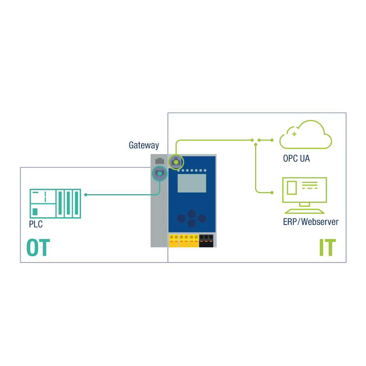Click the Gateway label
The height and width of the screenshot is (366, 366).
coord(144,145)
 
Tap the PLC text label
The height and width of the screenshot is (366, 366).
coord(36,224)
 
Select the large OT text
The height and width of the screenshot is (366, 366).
coord(38,248)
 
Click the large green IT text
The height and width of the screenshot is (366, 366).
coord(327,248)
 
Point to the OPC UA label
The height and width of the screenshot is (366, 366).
coord(296,158)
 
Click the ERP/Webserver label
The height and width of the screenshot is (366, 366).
coord(310,222)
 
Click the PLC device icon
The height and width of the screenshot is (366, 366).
coord(56,203)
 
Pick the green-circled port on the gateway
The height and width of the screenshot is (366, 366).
coord(176,162)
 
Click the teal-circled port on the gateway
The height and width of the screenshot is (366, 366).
coord(159,174)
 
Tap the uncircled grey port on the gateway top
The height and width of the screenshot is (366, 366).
coord(159,161)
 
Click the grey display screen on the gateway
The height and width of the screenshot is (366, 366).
coord(192,183)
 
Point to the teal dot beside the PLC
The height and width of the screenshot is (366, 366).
coord(86,195)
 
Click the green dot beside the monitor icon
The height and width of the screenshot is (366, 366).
coord(272,192)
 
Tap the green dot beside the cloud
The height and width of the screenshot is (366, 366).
coord(272,140)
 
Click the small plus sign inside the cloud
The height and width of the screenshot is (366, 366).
coord(294,134)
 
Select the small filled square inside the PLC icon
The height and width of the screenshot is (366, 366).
coord(35,212)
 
